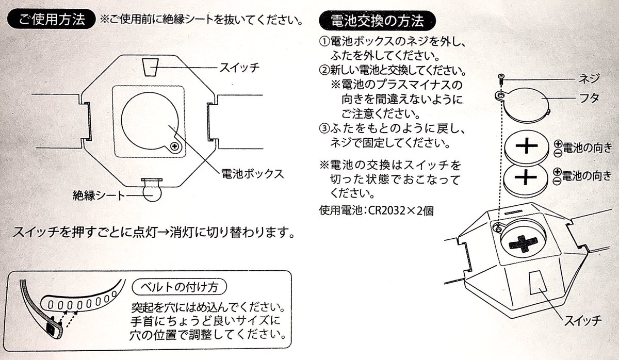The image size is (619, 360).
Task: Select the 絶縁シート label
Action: point(99,195)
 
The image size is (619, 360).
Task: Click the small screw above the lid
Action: point(500,78)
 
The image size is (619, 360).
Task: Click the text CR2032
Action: point(380,210)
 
